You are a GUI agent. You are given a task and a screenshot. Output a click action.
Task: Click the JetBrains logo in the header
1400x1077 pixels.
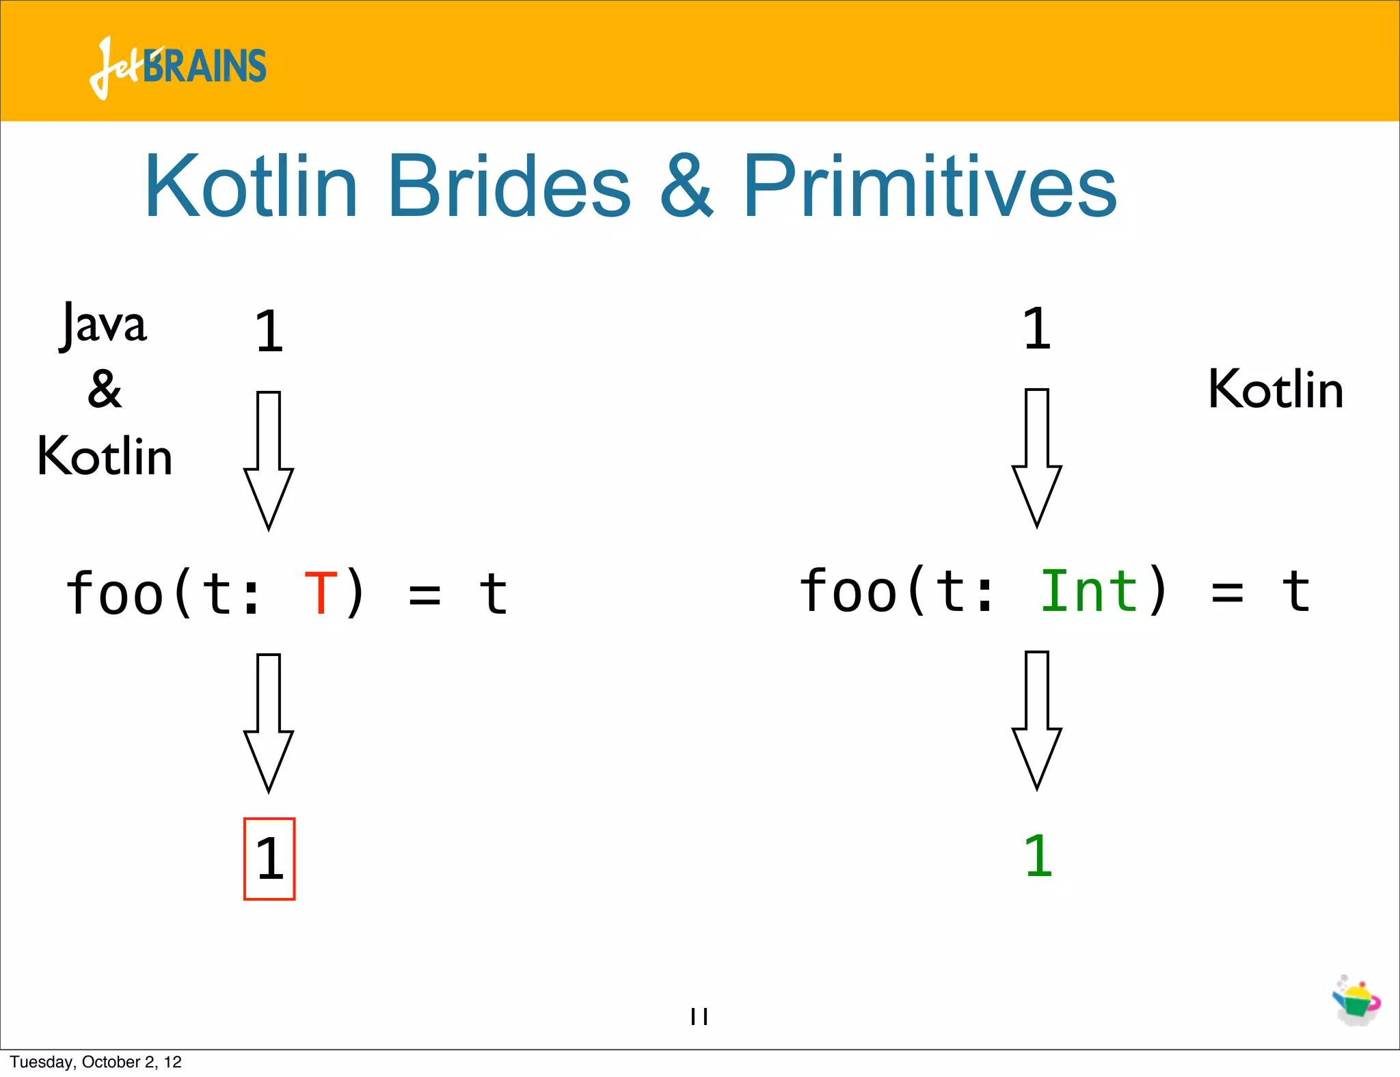pyautogui.click(x=178, y=66)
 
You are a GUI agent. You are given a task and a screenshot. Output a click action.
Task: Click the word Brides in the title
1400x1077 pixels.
pyautogui.click(x=509, y=186)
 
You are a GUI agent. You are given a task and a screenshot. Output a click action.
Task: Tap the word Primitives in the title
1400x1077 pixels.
pyautogui.click(x=929, y=186)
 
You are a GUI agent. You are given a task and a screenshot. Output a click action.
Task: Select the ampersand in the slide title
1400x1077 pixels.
pyautogui.click(x=686, y=186)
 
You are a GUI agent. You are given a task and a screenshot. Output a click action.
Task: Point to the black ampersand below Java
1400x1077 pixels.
pyautogui.click(x=104, y=389)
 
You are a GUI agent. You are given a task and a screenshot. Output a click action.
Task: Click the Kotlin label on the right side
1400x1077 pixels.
pyautogui.click(x=1276, y=389)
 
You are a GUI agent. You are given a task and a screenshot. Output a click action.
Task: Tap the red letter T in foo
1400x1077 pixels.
pyautogui.click(x=321, y=593)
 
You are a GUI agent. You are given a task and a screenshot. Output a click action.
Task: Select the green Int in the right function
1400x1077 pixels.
pyautogui.click(x=1088, y=590)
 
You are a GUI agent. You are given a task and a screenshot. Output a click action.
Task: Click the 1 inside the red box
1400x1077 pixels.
pyautogui.click(x=269, y=859)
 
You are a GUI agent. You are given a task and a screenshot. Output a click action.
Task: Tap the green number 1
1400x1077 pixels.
pyautogui.click(x=1038, y=856)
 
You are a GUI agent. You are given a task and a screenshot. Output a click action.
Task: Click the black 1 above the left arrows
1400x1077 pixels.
pyautogui.click(x=269, y=331)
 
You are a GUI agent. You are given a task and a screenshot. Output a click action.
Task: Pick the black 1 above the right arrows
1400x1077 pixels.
pyautogui.click(x=1036, y=328)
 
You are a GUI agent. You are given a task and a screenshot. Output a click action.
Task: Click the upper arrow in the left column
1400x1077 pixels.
pyautogui.click(x=269, y=460)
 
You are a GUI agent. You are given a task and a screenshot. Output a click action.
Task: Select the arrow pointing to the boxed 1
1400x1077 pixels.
pyautogui.click(x=269, y=722)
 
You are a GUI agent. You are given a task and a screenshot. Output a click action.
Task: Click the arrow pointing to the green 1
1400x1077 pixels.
pyautogui.click(x=1037, y=720)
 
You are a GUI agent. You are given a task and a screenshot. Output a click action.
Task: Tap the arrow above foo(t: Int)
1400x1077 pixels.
pyautogui.click(x=1037, y=457)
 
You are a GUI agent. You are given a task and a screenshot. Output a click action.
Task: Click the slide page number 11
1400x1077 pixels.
pyautogui.click(x=699, y=1016)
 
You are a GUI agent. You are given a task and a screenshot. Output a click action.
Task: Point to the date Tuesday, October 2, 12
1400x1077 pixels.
pyautogui.click(x=96, y=1062)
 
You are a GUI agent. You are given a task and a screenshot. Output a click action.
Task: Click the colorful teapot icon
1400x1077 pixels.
pyautogui.click(x=1356, y=1001)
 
